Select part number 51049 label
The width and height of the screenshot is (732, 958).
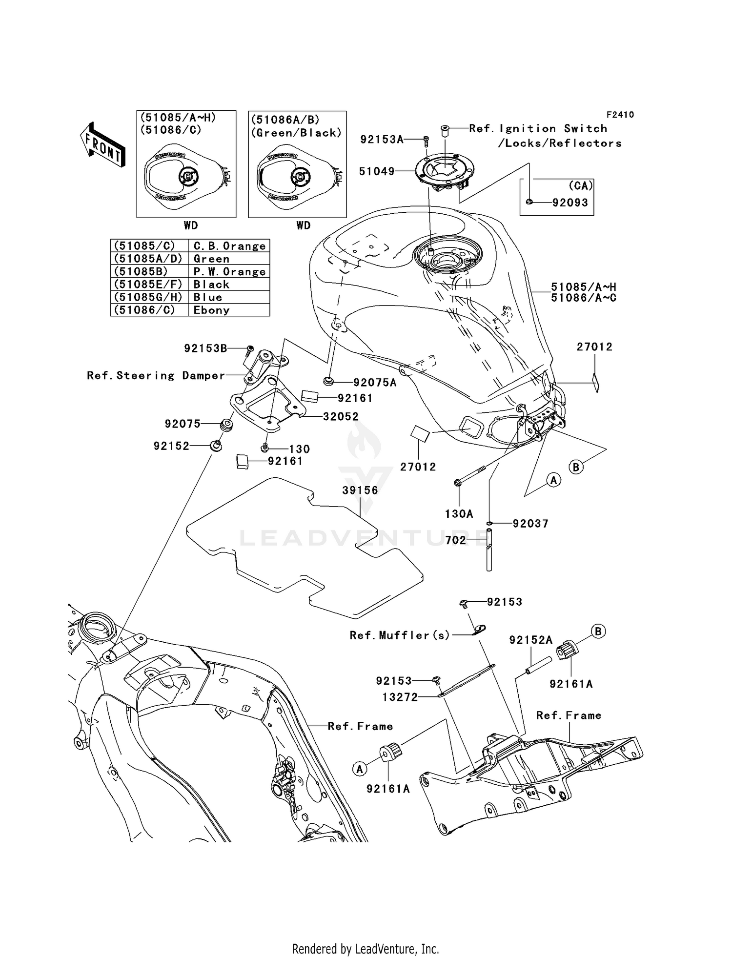376,171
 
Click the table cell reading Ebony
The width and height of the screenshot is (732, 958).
211,310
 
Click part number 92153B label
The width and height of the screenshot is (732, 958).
205,348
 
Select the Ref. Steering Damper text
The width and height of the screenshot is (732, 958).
156,375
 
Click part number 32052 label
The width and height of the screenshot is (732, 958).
341,416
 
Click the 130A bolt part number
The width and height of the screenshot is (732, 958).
459,513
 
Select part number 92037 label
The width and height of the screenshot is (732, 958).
530,524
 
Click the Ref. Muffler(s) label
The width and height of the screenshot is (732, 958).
400,635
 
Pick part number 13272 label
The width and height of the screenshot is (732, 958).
400,697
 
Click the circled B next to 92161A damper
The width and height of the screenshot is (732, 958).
598,632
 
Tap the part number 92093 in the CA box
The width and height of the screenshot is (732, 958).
570,203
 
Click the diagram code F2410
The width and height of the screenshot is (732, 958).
620,115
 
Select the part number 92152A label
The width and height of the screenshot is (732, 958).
530,640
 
